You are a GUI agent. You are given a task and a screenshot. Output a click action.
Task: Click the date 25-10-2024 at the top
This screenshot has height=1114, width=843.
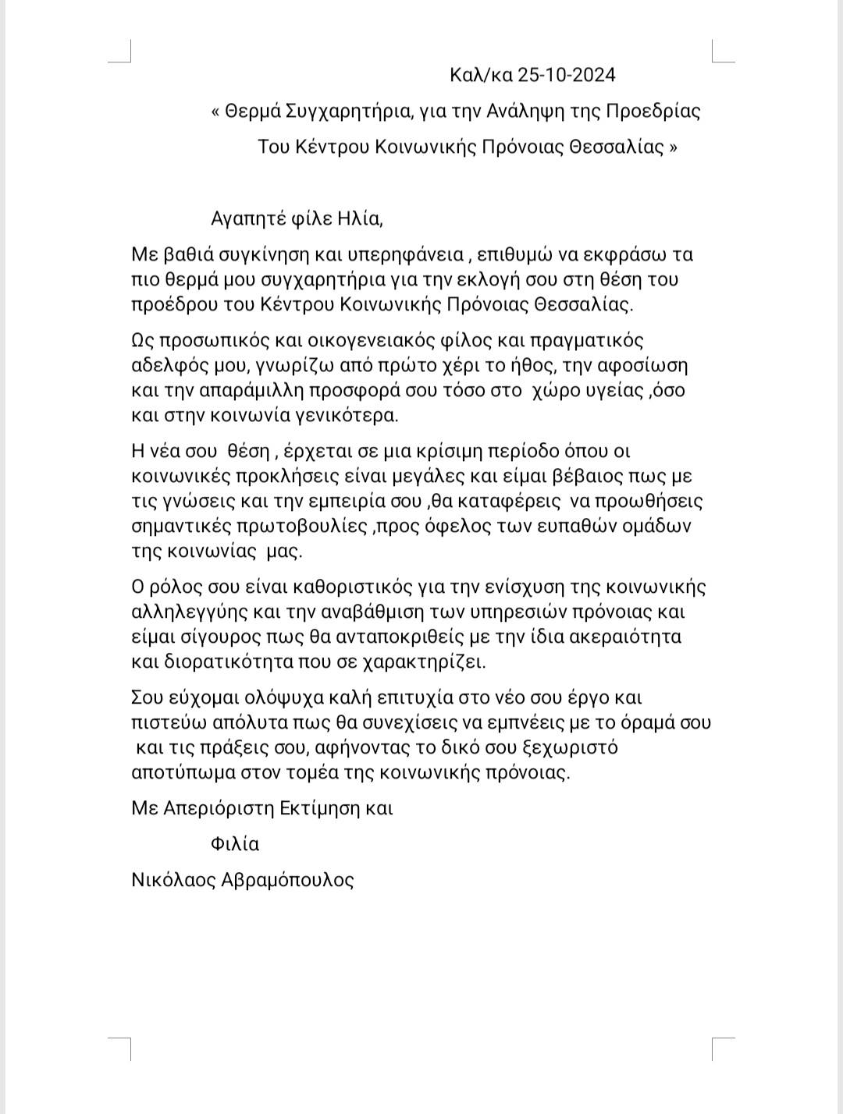567,75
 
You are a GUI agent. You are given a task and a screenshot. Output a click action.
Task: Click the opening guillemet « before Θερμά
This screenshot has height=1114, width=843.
215,111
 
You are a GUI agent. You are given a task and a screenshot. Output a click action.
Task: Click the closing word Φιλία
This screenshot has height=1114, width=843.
235,844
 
